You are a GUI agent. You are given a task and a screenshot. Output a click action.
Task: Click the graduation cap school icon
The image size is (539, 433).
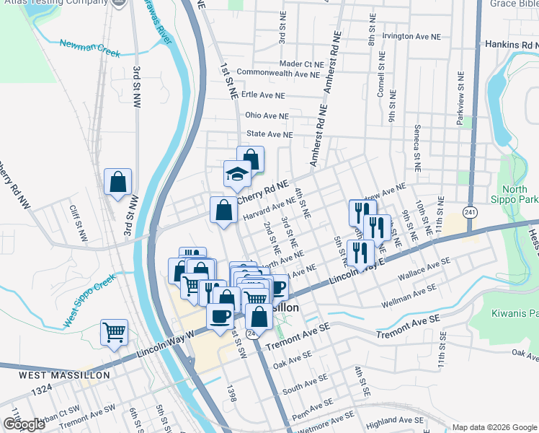(x=237, y=174)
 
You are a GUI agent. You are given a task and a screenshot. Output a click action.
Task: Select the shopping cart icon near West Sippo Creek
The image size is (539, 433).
(x=114, y=333)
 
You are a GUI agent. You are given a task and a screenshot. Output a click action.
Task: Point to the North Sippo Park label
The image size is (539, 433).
(x=519, y=193)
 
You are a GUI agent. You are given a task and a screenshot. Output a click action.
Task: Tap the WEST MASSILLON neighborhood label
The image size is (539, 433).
(x=64, y=375)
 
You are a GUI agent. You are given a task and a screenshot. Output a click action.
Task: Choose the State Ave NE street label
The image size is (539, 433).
(x=269, y=134)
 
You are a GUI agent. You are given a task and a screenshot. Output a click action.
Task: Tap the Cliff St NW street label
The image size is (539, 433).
(x=78, y=223)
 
